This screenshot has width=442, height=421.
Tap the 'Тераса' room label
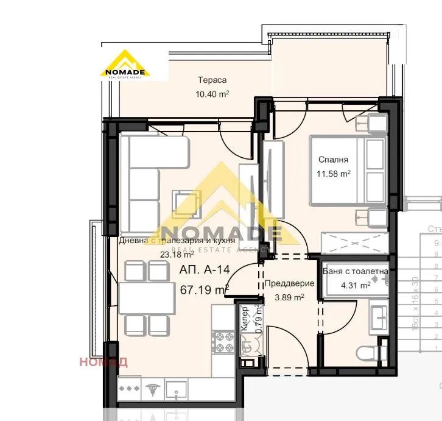212,80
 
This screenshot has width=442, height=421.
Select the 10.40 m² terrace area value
212,94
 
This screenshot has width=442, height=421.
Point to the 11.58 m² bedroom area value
333,173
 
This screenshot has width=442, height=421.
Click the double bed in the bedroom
347,171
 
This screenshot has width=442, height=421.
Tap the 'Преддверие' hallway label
290,283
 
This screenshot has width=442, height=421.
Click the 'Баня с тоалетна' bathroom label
356,272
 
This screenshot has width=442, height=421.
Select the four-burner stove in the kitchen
223,339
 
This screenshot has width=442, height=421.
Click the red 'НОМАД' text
103,362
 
